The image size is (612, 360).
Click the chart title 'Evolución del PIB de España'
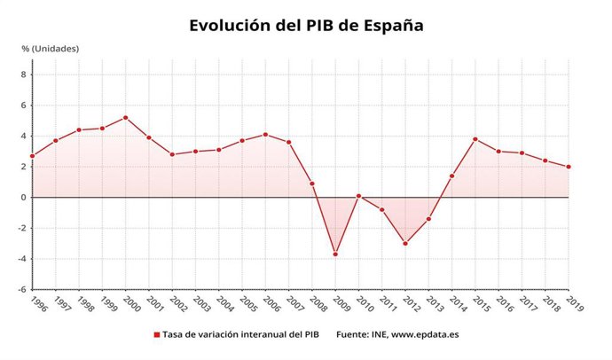coord(306,25)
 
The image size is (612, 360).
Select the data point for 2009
coord(335,254)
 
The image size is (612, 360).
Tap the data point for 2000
coord(125,117)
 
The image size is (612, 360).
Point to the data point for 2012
coord(405,243)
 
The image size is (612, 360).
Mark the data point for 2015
coord(475,139)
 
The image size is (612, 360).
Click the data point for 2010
coord(358,196)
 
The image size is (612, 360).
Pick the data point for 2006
coord(265,135)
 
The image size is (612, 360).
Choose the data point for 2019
coord(569,167)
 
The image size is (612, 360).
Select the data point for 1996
coord(32,156)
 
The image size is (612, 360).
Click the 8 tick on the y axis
coord(23,74)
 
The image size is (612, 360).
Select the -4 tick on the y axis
coord(21,259)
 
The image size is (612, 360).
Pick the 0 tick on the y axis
coord(23,197)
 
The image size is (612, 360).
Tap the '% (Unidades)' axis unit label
coord(51,48)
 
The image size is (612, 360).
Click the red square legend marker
coord(157,335)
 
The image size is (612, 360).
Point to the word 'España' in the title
coord(393,25)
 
